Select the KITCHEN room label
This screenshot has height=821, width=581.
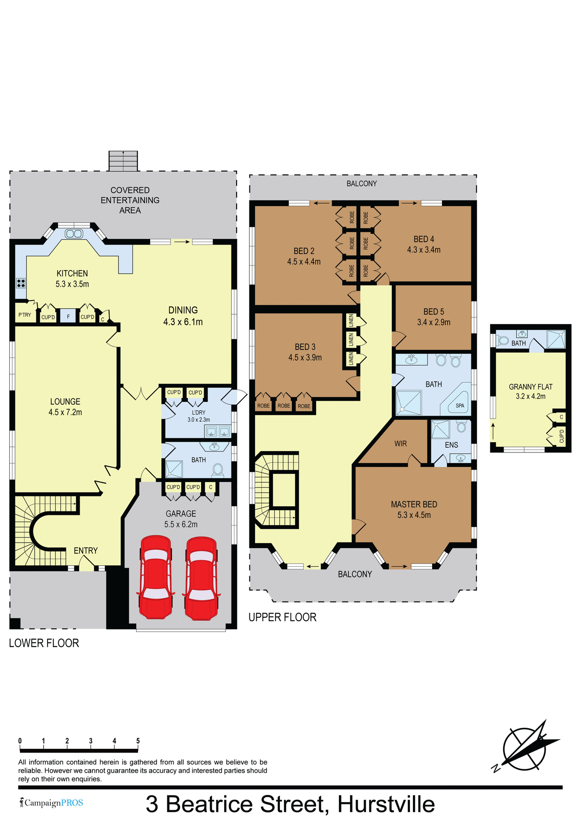coord(72,274)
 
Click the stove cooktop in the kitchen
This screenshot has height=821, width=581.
coord(21,283)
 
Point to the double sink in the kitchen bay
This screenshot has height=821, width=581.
coord(74,233)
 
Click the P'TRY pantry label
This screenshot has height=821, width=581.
coord(24,315)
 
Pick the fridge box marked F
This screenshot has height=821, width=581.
coord(68,317)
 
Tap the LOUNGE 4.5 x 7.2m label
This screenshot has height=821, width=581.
coord(65,407)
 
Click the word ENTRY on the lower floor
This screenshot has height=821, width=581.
coord(86,551)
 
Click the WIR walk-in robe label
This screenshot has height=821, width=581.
coord(400,444)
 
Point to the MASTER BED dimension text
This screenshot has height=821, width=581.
coord(414,515)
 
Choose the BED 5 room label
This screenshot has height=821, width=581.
coord(433,312)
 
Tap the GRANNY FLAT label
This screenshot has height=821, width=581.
coord(531,387)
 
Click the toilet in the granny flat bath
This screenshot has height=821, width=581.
coord(503,341)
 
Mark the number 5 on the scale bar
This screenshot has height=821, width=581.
coord(138,741)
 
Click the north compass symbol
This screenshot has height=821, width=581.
coord(525,747)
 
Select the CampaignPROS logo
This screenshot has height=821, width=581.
coord(52,803)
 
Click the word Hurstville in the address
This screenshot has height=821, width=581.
coord(386,804)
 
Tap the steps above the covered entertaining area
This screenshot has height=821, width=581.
coord(123,161)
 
